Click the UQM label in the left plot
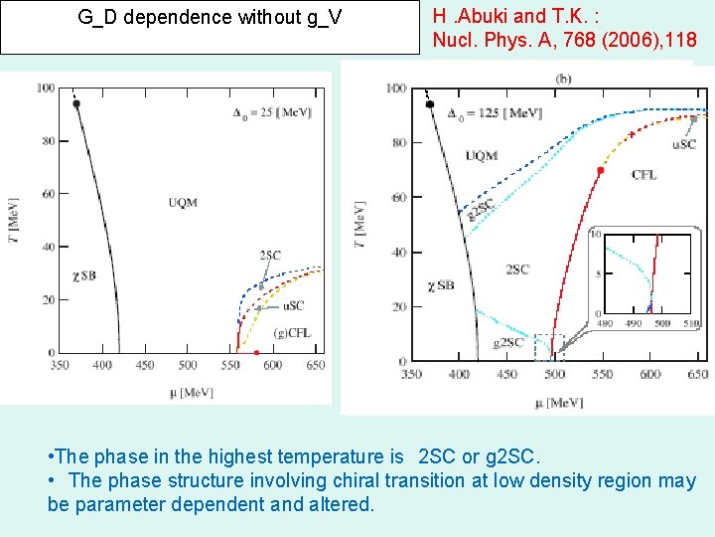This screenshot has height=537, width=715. [183, 203]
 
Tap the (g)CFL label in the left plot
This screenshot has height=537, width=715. [292, 332]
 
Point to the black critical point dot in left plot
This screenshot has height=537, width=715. [76, 103]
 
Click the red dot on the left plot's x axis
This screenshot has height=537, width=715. [257, 353]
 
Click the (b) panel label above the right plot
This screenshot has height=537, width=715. [563, 78]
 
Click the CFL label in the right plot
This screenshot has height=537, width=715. [643, 175]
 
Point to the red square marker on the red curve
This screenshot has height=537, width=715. [600, 170]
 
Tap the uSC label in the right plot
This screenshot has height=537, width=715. [684, 144]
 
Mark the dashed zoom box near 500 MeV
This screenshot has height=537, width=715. [549, 345]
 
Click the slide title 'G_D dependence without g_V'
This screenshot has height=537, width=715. [210, 17]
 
